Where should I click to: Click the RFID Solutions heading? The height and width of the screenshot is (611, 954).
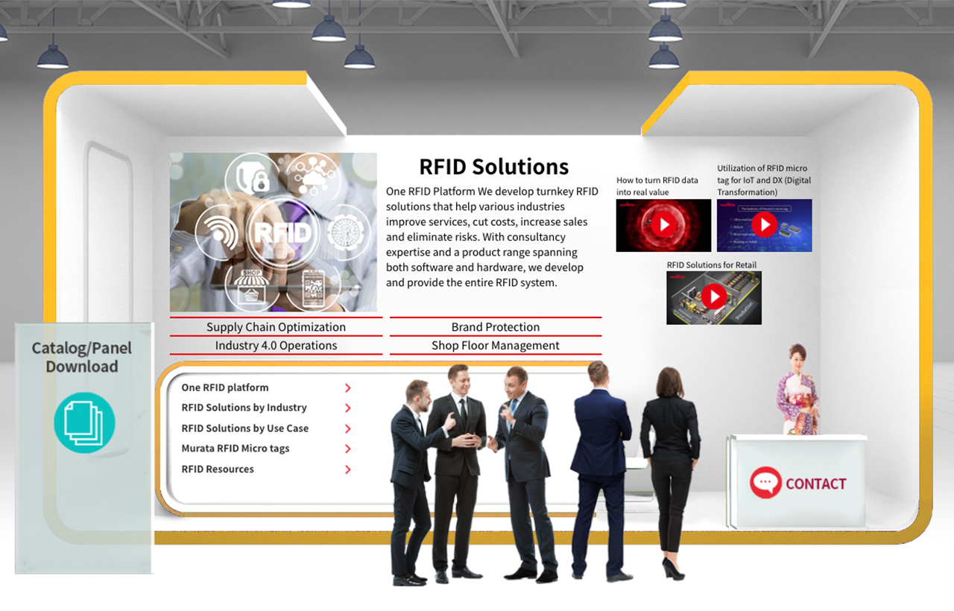pos(493,167)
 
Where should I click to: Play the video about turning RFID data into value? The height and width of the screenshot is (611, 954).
pos(663,225)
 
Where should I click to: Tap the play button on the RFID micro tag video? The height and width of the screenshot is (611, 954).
pos(764,225)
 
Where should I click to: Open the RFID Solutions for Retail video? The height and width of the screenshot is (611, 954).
pos(714,297)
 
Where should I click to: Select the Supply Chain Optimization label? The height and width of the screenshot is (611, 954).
pos(276,327)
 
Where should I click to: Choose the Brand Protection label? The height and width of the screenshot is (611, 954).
pos(495,327)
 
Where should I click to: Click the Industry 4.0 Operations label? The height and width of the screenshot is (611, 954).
pos(276,346)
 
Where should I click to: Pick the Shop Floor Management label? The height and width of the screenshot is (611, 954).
pos(495,346)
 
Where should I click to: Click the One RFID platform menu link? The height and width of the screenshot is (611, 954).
pos(225,387)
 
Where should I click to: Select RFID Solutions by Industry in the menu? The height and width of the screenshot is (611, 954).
pos(244,408)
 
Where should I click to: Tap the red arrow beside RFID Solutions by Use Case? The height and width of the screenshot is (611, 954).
pos(348,429)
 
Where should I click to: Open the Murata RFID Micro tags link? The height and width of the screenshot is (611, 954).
pos(236,449)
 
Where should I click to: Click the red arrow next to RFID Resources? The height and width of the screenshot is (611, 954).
pos(348,469)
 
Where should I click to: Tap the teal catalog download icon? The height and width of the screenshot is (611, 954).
pos(84,422)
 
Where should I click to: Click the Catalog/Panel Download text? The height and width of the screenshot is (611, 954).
pos(82,357)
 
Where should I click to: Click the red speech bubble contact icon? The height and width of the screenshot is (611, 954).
pos(765,483)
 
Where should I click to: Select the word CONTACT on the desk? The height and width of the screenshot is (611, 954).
pos(816,484)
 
